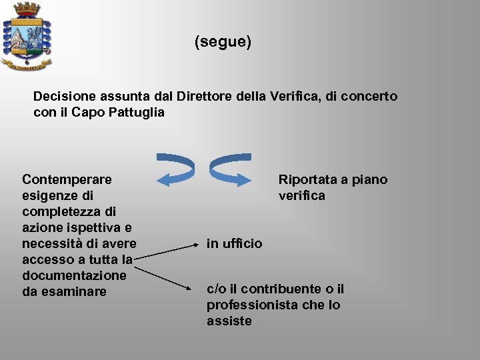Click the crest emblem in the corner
click(x=27, y=37)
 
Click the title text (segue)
click(x=223, y=43)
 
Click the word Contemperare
click(x=67, y=179)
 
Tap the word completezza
click(x=60, y=211)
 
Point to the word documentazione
click(x=74, y=275)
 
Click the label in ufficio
click(x=234, y=243)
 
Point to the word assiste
click(x=229, y=321)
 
